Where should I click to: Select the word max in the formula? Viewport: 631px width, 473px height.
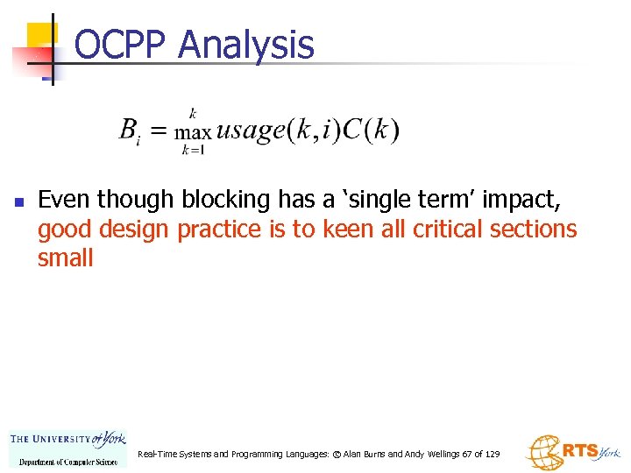193,133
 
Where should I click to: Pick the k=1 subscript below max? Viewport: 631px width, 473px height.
192,150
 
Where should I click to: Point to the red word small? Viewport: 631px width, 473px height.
65,258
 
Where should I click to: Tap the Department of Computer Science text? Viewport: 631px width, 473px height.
67,461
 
